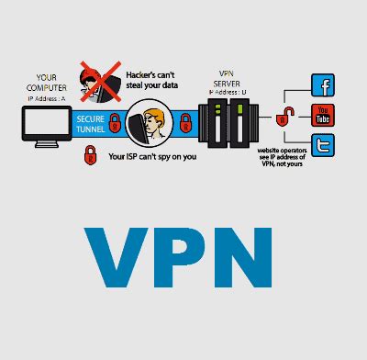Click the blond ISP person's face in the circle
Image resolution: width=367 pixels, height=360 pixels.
148,121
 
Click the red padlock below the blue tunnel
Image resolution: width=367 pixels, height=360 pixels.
91,156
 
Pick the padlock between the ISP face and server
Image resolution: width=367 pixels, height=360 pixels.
186,119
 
